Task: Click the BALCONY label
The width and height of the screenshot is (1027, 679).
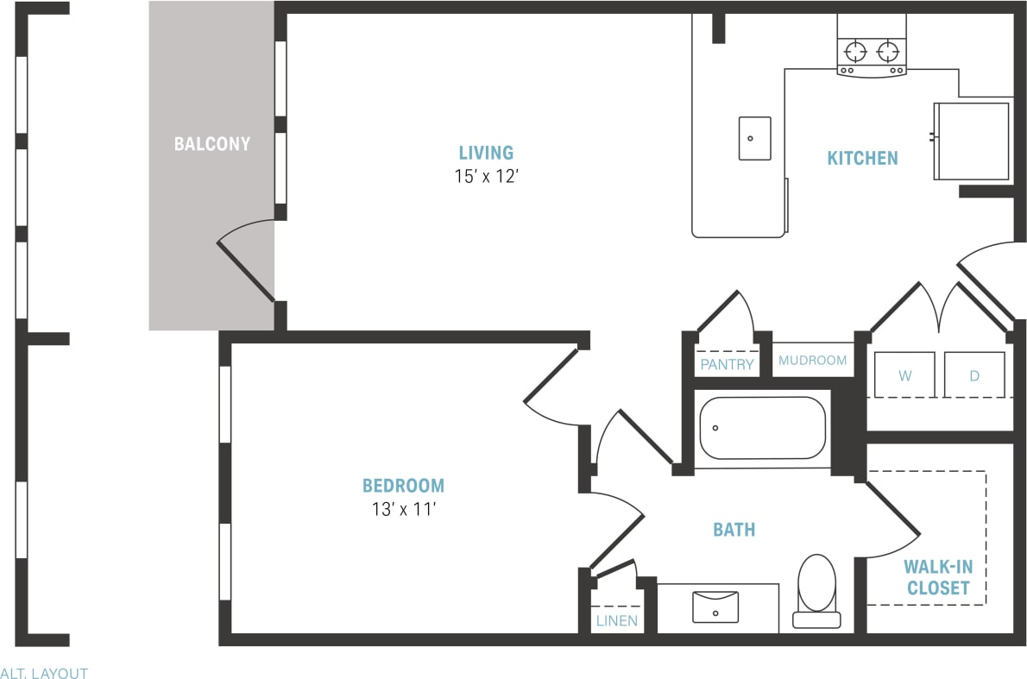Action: coord(211,144)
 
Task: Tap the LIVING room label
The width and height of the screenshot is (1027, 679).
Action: coord(486,154)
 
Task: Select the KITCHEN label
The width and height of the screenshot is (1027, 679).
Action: coord(862,158)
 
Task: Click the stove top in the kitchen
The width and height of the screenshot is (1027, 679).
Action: coord(872,52)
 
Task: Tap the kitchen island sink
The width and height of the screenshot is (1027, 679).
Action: coord(754,138)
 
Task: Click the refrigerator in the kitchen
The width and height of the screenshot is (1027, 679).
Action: coord(971,141)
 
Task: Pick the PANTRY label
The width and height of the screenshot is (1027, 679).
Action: coord(727,364)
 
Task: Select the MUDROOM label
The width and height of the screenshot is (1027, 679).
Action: coord(812,360)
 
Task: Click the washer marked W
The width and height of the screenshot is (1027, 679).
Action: coord(904,375)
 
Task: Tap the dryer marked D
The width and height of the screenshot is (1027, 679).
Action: coord(974,375)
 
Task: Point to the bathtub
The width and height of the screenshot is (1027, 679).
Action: coord(762,428)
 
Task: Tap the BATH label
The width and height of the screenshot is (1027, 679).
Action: coord(734,530)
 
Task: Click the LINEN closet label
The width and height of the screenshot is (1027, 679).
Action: coord(616,620)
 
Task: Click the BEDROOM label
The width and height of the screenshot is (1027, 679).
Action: coord(403,486)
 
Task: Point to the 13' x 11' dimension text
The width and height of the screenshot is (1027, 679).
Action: coord(403,510)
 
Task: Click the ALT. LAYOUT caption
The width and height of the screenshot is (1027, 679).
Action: coord(44,673)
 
